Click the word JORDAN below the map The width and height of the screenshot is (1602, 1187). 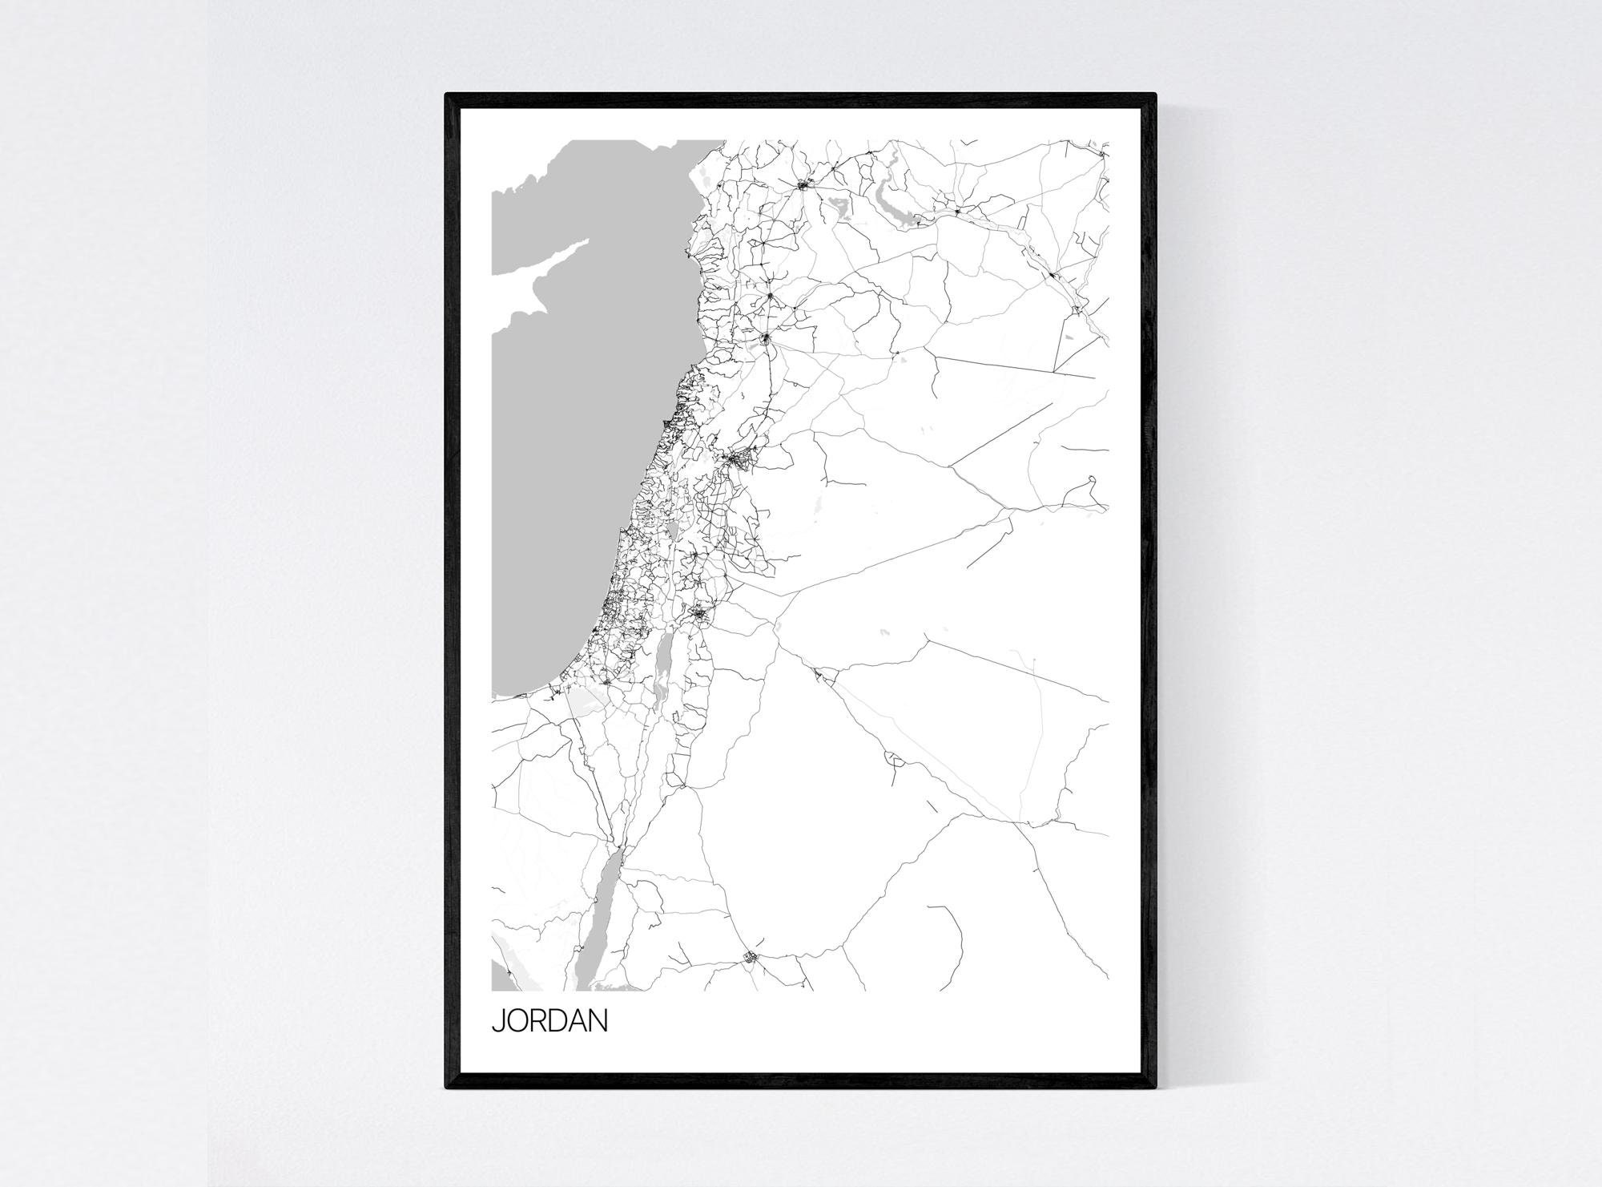coord(549,1022)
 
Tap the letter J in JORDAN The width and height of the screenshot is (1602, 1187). coord(497,1022)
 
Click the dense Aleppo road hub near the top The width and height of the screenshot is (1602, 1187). coord(803,186)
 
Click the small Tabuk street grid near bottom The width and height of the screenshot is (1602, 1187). coord(751,955)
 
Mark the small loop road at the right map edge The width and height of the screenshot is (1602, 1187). coord(1089,482)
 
